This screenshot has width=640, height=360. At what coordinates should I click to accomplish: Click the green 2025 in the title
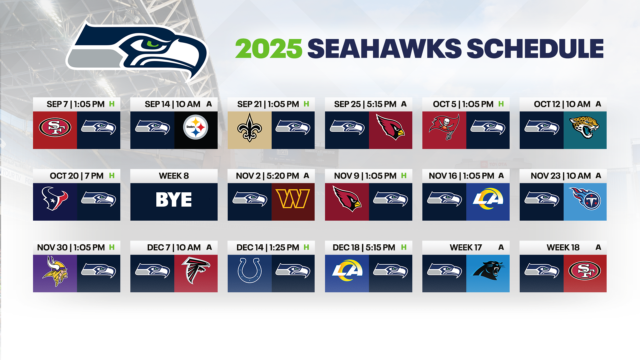[x=268, y=49]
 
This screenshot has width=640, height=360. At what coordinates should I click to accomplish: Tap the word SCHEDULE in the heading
[x=535, y=49]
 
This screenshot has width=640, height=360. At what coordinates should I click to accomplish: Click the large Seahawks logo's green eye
[x=153, y=44]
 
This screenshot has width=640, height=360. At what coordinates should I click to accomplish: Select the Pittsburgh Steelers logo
[x=196, y=127]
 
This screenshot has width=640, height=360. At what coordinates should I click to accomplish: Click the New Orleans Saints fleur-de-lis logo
[x=249, y=128]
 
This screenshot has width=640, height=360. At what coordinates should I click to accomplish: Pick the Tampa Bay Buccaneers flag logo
[x=444, y=127]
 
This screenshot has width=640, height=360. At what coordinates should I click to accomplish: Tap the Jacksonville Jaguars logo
[x=585, y=127]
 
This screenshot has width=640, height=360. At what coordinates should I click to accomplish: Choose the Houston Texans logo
[x=55, y=199]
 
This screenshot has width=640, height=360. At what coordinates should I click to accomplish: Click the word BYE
[x=174, y=200]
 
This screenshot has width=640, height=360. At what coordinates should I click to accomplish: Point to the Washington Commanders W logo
[x=293, y=199]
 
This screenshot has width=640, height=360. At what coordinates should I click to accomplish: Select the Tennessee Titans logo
[x=585, y=199]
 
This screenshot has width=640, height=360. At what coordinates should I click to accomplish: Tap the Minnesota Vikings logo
[x=55, y=271]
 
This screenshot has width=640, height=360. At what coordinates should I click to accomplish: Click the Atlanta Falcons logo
[x=196, y=270]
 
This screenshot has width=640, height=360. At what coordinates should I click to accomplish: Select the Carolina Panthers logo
[x=488, y=270]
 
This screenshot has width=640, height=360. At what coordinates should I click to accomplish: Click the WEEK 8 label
[x=174, y=176]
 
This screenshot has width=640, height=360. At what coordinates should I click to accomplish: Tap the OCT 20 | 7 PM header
[x=77, y=176]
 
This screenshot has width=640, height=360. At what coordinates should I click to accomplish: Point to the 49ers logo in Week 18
[x=585, y=270]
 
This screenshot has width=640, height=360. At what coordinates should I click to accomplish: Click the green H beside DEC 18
[x=404, y=247]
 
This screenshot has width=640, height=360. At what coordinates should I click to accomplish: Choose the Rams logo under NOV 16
[x=488, y=199]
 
